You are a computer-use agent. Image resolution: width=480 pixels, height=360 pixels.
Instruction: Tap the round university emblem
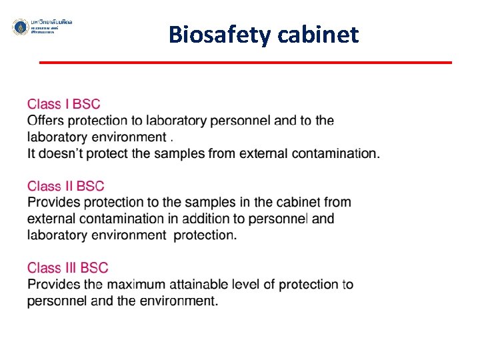tap(20, 27)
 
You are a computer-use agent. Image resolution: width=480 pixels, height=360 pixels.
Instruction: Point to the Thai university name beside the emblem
tap(52, 23)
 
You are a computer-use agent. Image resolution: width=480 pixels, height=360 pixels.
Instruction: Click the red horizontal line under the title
tap(245, 63)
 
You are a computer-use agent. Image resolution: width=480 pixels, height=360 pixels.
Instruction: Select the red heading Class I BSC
tap(63, 104)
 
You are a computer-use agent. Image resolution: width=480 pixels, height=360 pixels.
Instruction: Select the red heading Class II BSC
tap(65, 186)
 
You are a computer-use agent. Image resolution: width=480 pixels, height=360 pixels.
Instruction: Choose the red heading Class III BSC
tap(67, 268)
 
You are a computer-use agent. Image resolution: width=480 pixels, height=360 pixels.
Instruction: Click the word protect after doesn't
tap(109, 153)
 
